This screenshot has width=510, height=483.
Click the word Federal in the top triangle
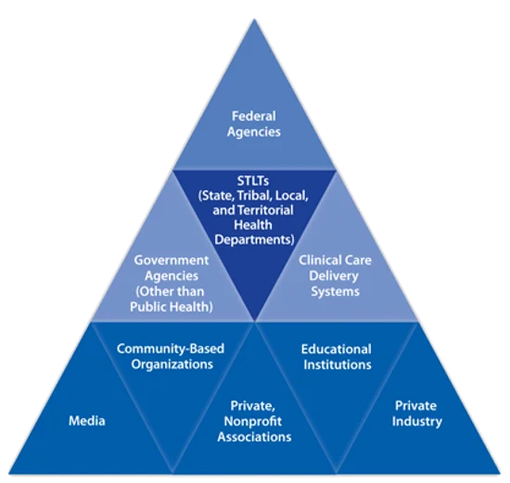click(x=254, y=116)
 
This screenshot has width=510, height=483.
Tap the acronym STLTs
click(x=253, y=181)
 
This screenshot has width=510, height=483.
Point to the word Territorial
click(x=265, y=210)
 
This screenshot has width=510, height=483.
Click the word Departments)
click(x=254, y=240)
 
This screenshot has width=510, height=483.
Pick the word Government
click(x=172, y=261)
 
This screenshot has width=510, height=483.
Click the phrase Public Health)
click(x=172, y=307)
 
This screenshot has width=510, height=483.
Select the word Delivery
click(x=334, y=276)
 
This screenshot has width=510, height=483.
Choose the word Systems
click(x=336, y=291)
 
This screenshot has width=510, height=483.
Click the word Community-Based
click(x=171, y=349)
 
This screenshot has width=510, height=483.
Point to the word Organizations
click(x=172, y=364)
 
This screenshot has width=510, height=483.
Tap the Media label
click(x=87, y=421)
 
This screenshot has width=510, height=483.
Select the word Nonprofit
click(x=253, y=422)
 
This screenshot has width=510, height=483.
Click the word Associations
click(x=254, y=437)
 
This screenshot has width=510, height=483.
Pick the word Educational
click(x=337, y=349)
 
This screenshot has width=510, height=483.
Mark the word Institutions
click(x=338, y=364)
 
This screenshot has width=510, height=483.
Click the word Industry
click(x=417, y=422)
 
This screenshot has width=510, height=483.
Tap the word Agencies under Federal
click(x=254, y=132)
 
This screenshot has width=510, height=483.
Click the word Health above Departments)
click(x=253, y=225)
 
